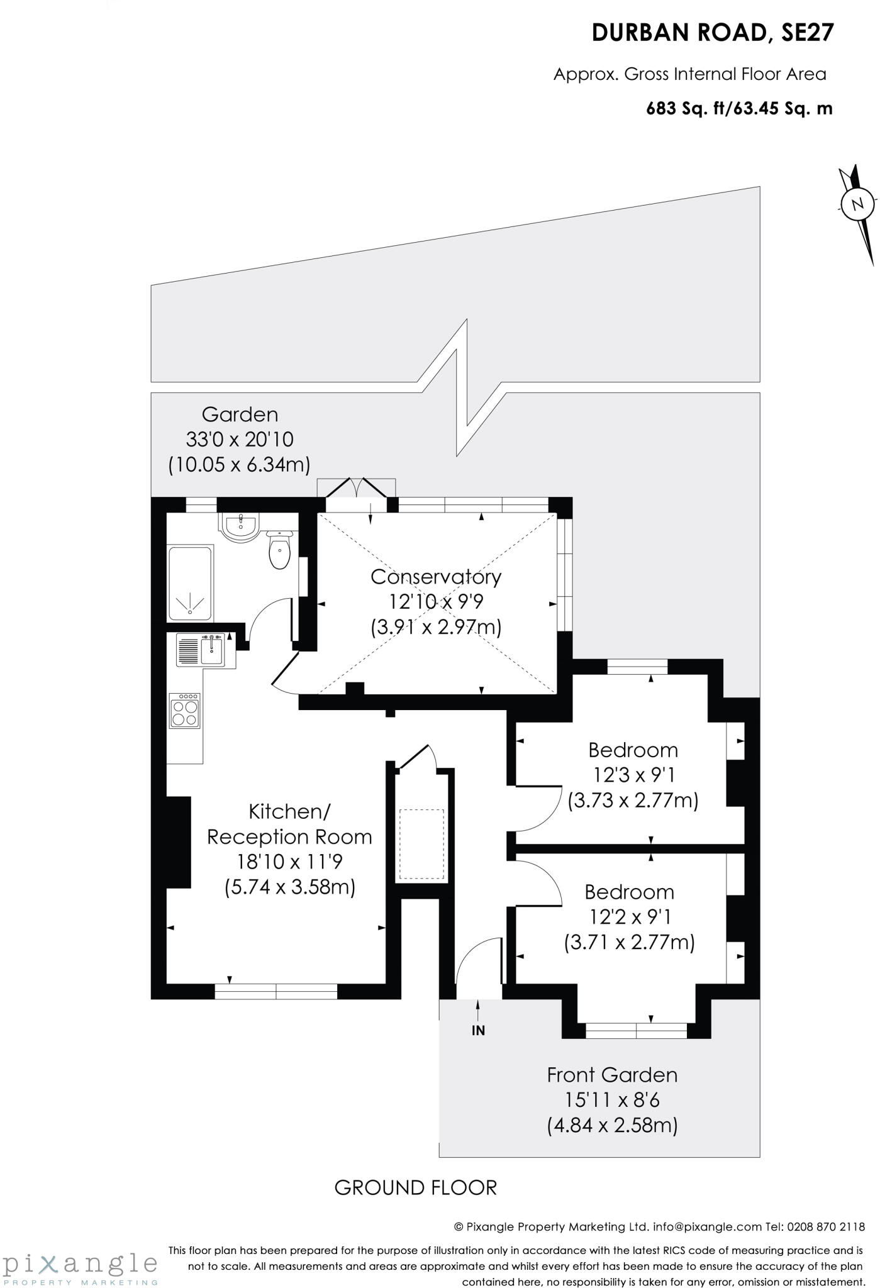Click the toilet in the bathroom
tap(279, 550)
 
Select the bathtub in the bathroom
tap(190, 584)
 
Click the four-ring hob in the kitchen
tap(185, 710)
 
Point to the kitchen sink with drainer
tap(201, 650)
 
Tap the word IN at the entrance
tap(479, 1030)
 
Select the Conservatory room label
tap(436, 576)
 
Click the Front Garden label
tap(612, 1075)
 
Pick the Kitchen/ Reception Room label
tap(290, 824)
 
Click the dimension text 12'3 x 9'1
tap(633, 775)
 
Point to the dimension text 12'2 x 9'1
tap(630, 917)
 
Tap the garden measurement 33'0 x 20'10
tap(240, 439)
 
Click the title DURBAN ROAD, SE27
tap(713, 33)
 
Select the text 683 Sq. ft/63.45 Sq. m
tap(740, 109)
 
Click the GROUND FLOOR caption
tap(416, 1187)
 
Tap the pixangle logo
tap(80, 1265)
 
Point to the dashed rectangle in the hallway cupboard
tap(421, 845)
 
